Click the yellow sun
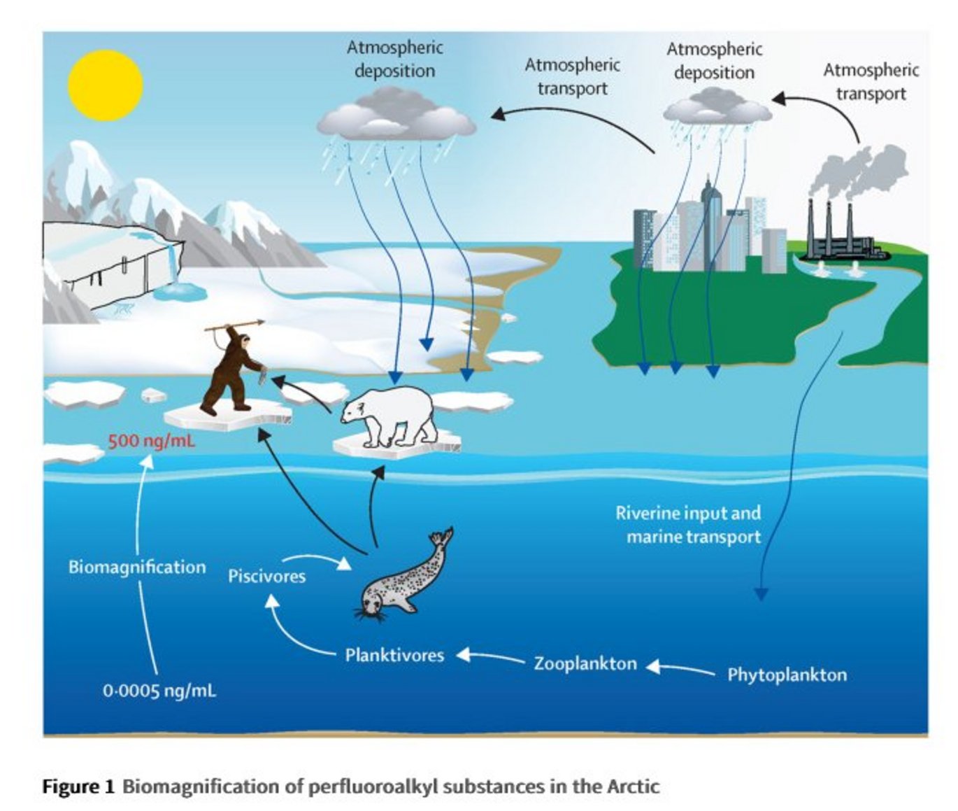pos(105,85)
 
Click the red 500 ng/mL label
pos(152,442)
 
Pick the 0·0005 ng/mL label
pos(159,691)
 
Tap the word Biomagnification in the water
pos(137,567)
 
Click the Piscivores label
pos(266,577)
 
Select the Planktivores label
pos(394,656)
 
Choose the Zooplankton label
pos(585,663)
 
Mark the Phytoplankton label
pos(787,675)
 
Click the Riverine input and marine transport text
pos(689,525)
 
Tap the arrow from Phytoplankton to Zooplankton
pos(680,668)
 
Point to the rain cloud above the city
pos(717,108)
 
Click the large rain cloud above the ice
pos(396,119)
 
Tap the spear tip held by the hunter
pos(259,323)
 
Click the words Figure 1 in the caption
pos(78,787)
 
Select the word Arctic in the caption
pos(632,787)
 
